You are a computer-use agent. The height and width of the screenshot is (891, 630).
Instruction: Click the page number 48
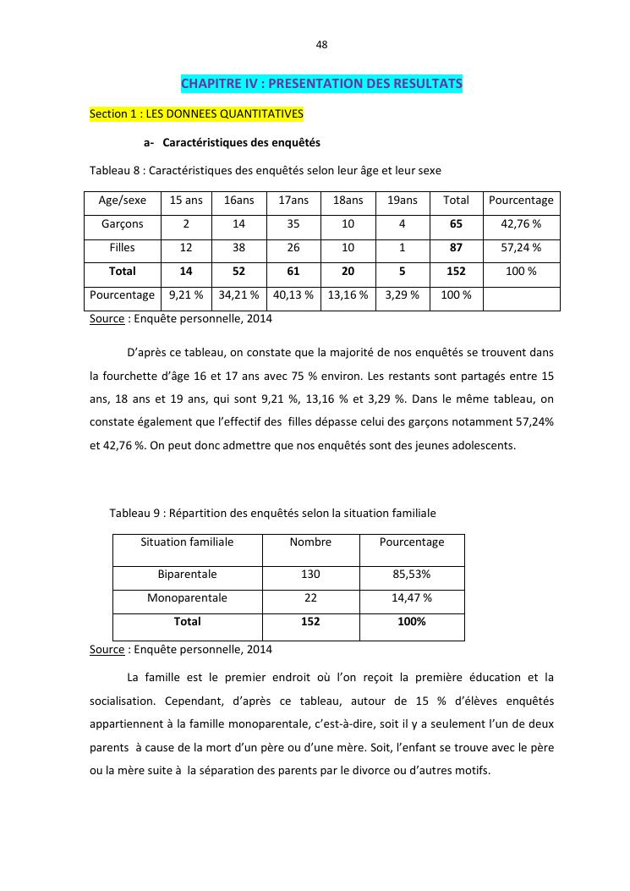[x=321, y=44]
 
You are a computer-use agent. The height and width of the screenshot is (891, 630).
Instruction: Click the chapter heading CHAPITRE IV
[x=321, y=84]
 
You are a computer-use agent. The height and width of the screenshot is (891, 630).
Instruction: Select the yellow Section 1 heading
[x=196, y=113]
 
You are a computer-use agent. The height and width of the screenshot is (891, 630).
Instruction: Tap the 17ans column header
[x=293, y=201]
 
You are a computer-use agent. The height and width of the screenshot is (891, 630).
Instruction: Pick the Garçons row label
[x=123, y=224]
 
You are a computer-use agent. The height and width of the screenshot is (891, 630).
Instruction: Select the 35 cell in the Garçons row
[x=293, y=224]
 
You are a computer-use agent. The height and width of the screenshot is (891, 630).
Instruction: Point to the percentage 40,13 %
[x=293, y=295]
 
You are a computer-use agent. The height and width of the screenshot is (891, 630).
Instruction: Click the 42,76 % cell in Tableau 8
[x=521, y=224]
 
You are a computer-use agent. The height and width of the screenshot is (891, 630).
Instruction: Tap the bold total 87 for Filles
[x=456, y=248]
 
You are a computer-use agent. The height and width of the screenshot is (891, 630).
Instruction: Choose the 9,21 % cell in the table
[x=186, y=295]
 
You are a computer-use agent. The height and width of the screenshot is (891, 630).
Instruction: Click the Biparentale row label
[x=187, y=574]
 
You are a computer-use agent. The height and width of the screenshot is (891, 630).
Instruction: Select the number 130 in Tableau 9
[x=310, y=574]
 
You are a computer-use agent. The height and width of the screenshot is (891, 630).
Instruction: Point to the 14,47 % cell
[x=412, y=597]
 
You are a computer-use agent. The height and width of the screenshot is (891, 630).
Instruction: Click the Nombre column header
[x=310, y=542]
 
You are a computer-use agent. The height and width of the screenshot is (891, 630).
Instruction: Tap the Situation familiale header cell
[x=187, y=542]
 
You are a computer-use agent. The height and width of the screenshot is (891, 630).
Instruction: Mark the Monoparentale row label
[x=187, y=597]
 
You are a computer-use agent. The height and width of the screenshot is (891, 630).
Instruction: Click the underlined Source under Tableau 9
[x=107, y=650]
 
